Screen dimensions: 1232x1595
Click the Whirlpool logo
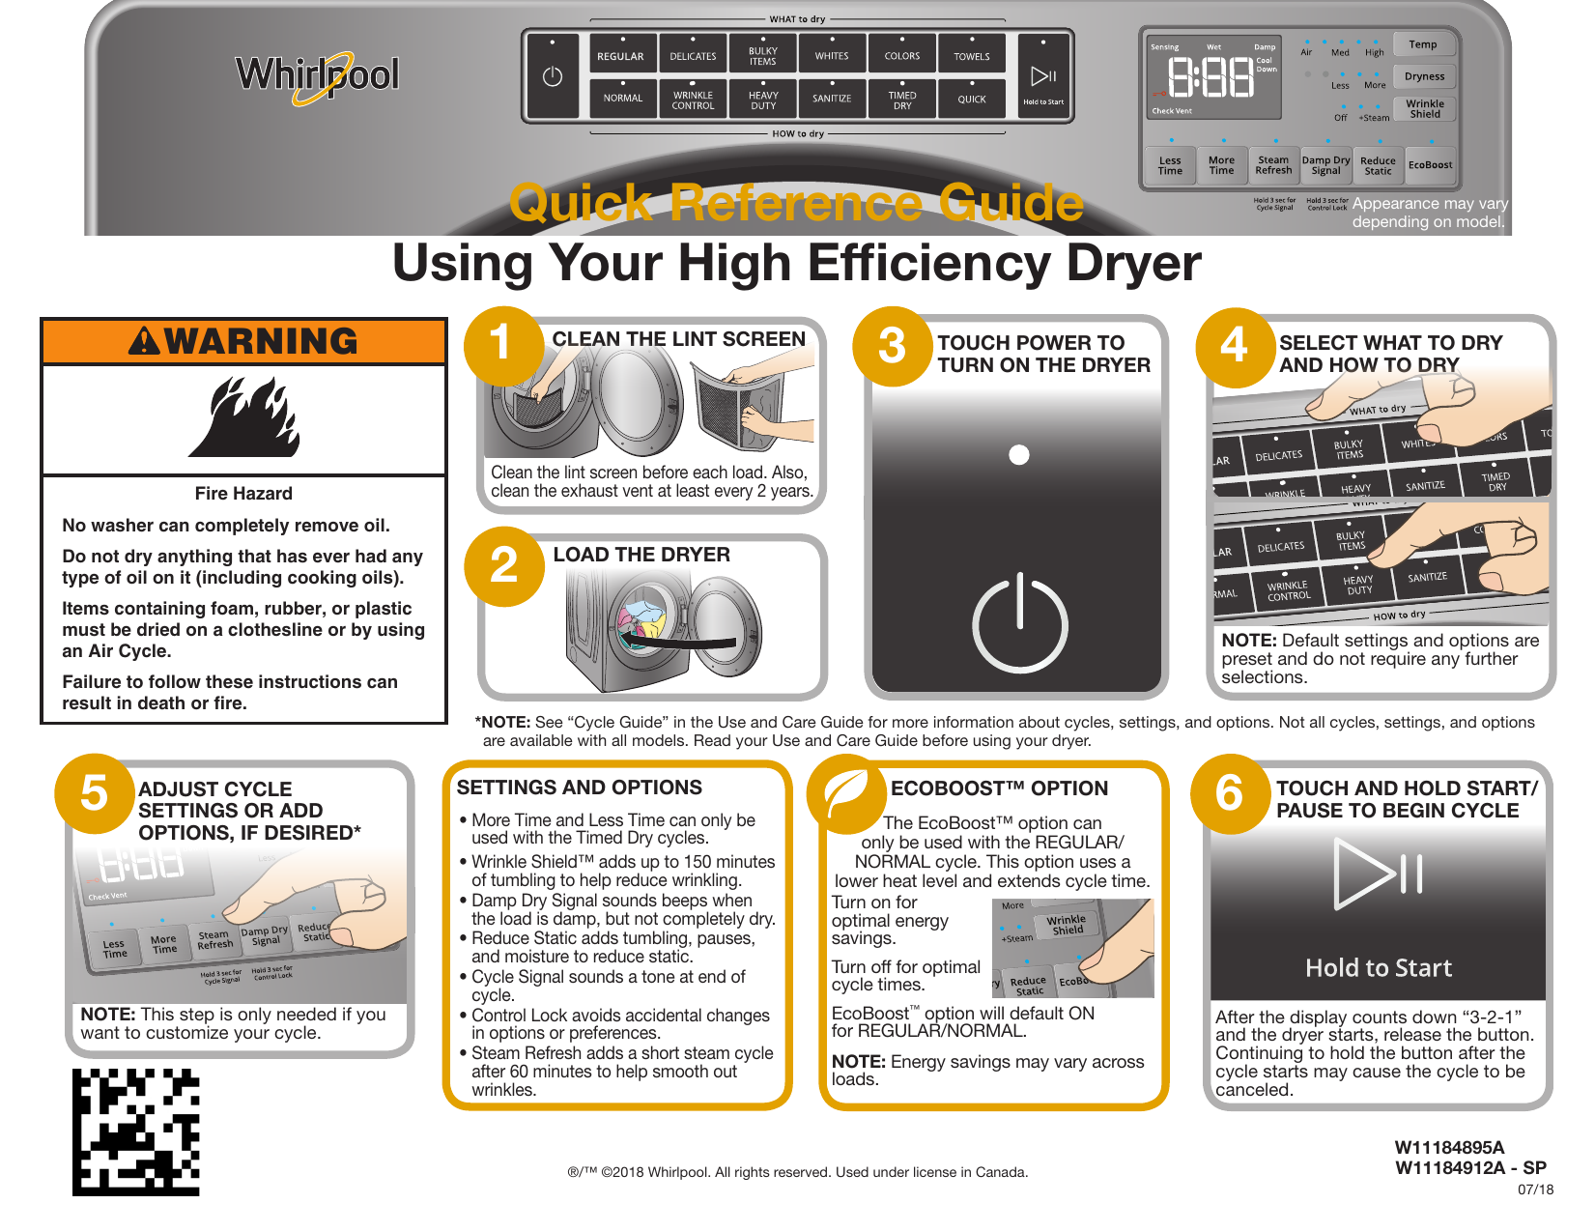[317, 74]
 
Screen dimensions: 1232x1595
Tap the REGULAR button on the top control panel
[620, 55]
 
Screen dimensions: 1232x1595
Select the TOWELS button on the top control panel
[972, 55]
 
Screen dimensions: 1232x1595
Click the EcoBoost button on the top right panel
[1430, 165]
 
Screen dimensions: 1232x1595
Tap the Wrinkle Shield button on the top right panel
[1425, 108]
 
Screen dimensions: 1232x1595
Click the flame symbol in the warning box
[244, 418]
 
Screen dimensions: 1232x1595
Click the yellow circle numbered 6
[1229, 793]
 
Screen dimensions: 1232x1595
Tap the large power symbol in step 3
[1019, 622]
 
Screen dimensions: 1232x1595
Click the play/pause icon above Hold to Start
[1378, 874]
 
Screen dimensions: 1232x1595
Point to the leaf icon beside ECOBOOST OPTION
[846, 794]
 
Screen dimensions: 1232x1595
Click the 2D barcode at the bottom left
[136, 1132]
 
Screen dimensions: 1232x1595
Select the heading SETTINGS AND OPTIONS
[579, 788]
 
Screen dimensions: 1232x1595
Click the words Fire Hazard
[243, 494]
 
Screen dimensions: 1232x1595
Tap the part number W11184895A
[1449, 1148]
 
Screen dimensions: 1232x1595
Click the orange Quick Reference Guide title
[796, 203]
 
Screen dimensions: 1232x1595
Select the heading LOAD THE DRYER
[641, 555]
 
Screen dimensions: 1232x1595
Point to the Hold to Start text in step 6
[1378, 968]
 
